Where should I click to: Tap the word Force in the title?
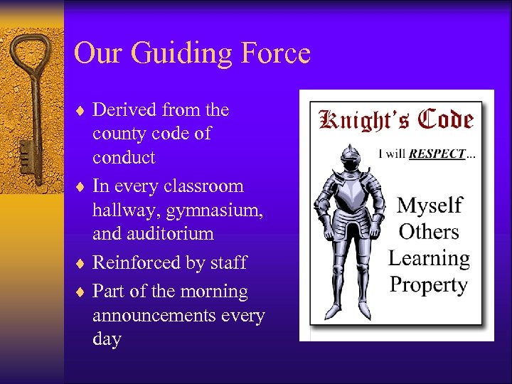click(276, 53)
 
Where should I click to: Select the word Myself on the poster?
click(430, 206)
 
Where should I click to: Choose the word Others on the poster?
click(429, 232)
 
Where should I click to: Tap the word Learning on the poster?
click(429, 259)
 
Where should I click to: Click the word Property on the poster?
click(429, 285)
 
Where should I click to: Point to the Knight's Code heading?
click(396, 119)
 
